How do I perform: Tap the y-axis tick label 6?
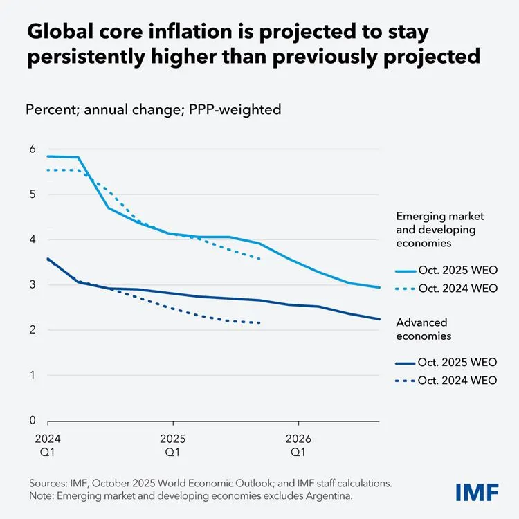click(32, 149)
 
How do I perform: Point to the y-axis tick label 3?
click(32, 284)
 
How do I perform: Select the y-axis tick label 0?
click(32, 420)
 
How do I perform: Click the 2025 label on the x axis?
click(172, 439)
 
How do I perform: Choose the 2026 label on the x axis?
click(298, 439)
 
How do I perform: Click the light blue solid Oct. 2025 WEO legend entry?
click(446, 269)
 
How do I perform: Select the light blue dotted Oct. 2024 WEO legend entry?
click(446, 289)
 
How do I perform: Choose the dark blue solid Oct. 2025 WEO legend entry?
click(446, 361)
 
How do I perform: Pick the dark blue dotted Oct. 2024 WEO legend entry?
click(446, 380)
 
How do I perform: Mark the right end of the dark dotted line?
click(259, 322)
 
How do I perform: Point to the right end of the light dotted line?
click(259, 259)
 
